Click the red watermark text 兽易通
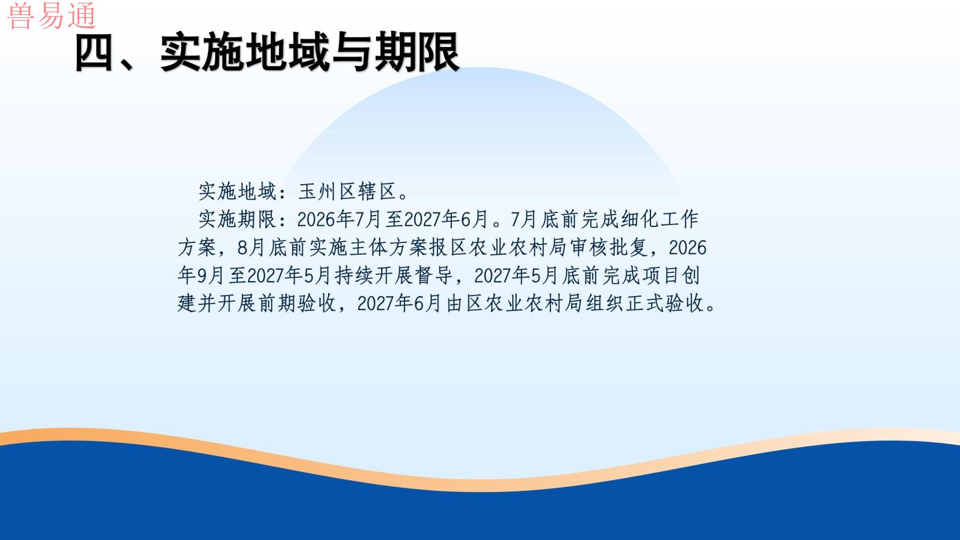[52, 16]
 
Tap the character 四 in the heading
[95, 53]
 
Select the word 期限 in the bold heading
[417, 53]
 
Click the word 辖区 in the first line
[377, 192]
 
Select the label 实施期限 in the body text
[237, 219]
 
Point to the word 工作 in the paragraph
[680, 219]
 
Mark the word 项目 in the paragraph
[661, 275]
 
